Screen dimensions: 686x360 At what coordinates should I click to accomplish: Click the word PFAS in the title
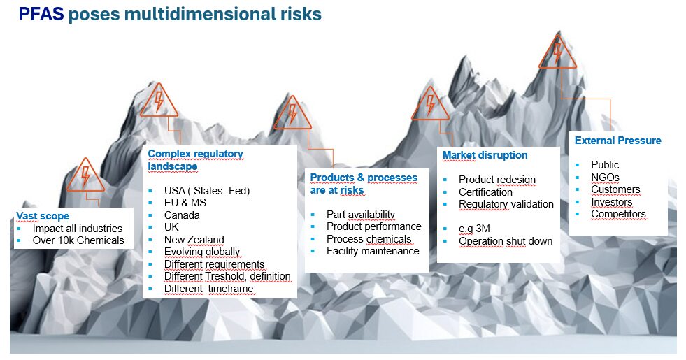click(x=41, y=14)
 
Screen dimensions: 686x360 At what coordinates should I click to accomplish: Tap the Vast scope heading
click(x=43, y=216)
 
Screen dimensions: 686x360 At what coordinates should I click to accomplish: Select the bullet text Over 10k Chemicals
click(x=78, y=240)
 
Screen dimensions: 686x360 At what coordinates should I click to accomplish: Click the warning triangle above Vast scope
click(x=86, y=175)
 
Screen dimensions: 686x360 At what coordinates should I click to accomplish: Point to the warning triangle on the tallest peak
click(x=557, y=51)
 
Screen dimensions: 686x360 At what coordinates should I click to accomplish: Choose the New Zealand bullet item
click(x=194, y=240)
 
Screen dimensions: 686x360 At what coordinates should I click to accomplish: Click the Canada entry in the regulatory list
click(x=182, y=215)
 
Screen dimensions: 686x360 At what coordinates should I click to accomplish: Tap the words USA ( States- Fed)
click(x=207, y=191)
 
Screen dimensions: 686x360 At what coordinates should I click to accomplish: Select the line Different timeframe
click(x=208, y=289)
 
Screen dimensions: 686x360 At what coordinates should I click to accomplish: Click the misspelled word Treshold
click(x=224, y=276)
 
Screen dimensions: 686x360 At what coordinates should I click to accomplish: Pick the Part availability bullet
click(x=361, y=215)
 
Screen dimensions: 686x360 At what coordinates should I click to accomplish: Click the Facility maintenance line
click(x=373, y=251)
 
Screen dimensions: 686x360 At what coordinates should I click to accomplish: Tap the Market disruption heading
click(x=485, y=155)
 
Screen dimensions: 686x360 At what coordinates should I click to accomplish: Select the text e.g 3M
click(x=474, y=229)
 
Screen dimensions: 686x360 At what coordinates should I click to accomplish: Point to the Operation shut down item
click(x=506, y=241)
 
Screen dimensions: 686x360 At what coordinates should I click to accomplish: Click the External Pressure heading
click(x=617, y=141)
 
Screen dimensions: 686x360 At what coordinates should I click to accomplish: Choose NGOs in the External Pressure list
click(x=605, y=177)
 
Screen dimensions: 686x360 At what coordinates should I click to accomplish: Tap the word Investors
click(x=612, y=201)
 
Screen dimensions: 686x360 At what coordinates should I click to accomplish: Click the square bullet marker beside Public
click(x=578, y=165)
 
